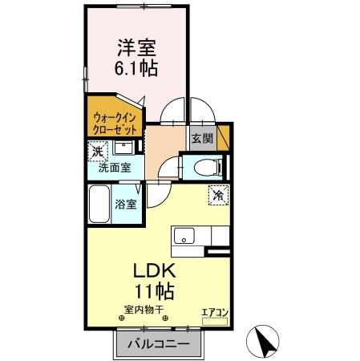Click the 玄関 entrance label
202,138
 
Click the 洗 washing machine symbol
98,150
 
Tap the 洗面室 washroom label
115,168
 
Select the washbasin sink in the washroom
124,148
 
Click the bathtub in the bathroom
99,205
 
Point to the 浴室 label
126,204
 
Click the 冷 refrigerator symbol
218,193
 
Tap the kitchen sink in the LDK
184,237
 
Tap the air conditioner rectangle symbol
216,321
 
